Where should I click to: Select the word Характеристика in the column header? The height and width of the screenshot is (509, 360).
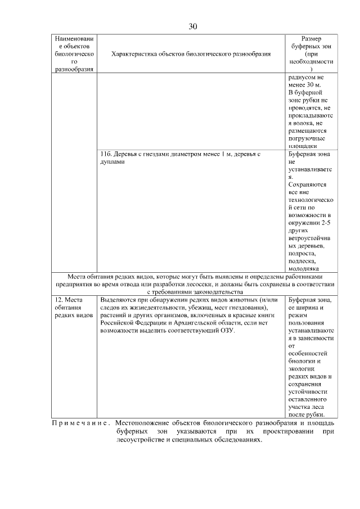pyautogui.click(x=133, y=54)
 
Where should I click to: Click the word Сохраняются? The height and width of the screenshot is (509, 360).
pyautogui.click(x=307, y=184)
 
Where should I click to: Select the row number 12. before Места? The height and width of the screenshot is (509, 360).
pyautogui.click(x=60, y=300)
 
